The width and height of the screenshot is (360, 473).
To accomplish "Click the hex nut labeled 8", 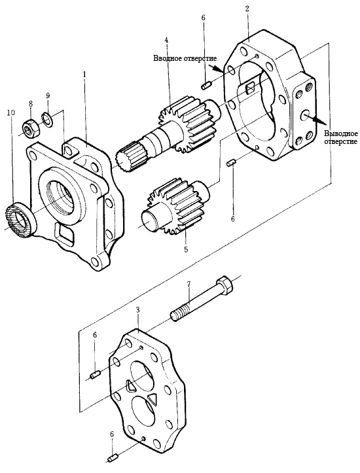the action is (x=31, y=129).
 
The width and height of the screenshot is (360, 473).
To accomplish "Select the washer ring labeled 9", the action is (x=46, y=118).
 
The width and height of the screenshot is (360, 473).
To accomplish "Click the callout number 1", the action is (x=84, y=74).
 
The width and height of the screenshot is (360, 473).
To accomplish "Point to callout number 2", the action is (x=247, y=9).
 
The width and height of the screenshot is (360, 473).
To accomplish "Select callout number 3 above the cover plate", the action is (x=137, y=309).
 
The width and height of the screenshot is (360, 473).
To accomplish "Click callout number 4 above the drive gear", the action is (x=166, y=40).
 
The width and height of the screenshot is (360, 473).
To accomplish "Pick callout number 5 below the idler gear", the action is (x=186, y=249).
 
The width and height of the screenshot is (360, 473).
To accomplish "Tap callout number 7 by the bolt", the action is (x=189, y=284).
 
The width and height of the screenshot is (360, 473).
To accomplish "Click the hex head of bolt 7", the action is (x=225, y=285).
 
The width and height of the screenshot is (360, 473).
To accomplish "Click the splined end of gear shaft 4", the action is (x=128, y=157).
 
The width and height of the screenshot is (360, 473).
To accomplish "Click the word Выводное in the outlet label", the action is (x=340, y=133).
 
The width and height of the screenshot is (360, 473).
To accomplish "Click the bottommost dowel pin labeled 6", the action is (x=113, y=457).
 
